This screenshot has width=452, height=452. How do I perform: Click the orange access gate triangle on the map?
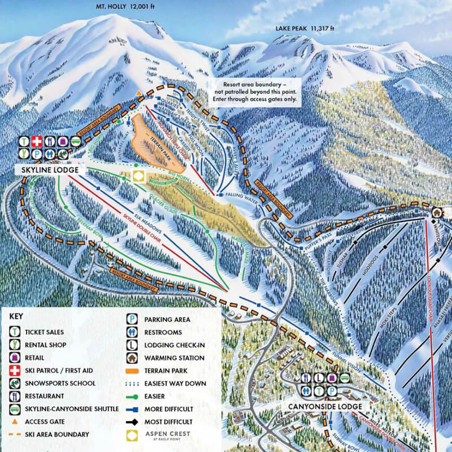pos(138,93)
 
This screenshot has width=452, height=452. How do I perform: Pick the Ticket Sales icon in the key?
pos(15,332)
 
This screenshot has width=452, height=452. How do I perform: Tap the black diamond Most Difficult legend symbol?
pos(131,421)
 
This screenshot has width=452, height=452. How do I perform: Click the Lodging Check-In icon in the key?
pos(131,345)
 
